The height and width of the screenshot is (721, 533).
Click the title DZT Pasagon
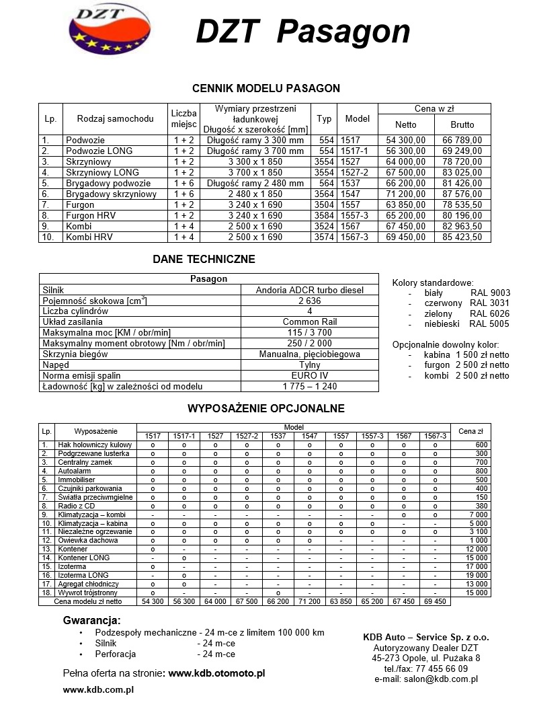(x=302, y=32)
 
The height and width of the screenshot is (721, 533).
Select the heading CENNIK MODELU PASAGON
(x=266, y=88)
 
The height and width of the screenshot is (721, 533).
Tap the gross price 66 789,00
(x=462, y=140)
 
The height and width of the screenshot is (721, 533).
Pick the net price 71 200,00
(x=405, y=194)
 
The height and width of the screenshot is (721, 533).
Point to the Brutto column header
(x=462, y=124)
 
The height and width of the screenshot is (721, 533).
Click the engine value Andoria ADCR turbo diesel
(x=310, y=290)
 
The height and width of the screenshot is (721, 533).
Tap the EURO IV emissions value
(x=310, y=375)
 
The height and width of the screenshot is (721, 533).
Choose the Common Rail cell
(x=310, y=321)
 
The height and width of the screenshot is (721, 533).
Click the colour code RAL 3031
(x=490, y=303)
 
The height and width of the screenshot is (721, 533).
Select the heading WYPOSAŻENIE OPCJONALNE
(x=265, y=408)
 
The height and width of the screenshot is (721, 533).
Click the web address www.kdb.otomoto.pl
(x=216, y=673)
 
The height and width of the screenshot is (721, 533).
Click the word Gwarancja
(x=91, y=620)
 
